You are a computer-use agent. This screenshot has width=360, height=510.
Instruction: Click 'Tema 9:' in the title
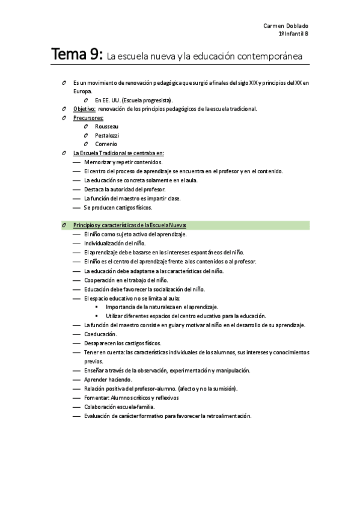pyautogui.click(x=77, y=55)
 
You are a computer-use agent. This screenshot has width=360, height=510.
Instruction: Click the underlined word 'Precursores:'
pyautogui.click(x=88, y=118)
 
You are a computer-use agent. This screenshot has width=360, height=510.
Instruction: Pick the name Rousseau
pyautogui.click(x=106, y=126)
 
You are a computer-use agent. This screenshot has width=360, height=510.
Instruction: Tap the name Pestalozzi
pyautogui.click(x=107, y=135)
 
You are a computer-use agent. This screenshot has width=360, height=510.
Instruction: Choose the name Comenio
pyautogui.click(x=106, y=144)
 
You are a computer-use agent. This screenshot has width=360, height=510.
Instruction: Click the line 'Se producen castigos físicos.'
pyautogui.click(x=117, y=207)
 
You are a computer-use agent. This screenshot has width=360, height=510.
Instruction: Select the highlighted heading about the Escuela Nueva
pyautogui.click(x=130, y=225)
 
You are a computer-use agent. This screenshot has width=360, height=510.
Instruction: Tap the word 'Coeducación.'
pyautogui.click(x=100, y=334)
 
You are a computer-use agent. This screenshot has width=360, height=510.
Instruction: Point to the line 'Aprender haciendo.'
pyautogui.click(x=108, y=379)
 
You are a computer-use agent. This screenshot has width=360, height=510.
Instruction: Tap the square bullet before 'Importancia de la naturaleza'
pyautogui.click(x=97, y=307)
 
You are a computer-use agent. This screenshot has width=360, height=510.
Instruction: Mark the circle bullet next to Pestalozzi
pyautogui.click(x=87, y=135)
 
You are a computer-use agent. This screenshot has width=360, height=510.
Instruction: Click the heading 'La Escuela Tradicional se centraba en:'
pyautogui.click(x=118, y=153)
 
